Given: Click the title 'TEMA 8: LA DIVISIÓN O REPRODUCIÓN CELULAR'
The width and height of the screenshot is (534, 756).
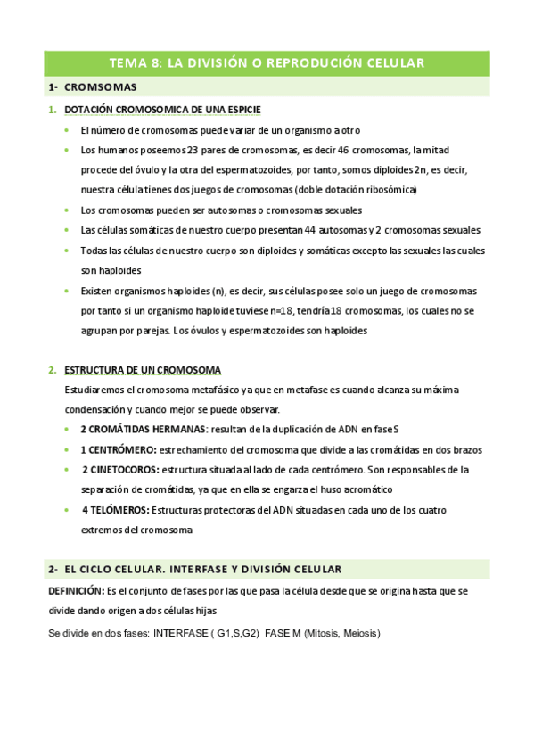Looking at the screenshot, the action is click(267, 62).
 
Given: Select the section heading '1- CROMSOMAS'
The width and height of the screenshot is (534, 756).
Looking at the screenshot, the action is click(93, 87).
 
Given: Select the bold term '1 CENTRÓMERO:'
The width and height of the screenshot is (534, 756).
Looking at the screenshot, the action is click(119, 449).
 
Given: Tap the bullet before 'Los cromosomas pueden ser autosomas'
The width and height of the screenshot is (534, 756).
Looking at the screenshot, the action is click(67, 210).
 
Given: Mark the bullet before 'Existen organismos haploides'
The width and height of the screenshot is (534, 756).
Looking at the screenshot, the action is click(67, 292).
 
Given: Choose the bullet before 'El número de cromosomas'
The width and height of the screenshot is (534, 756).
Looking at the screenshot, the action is click(67, 130).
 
